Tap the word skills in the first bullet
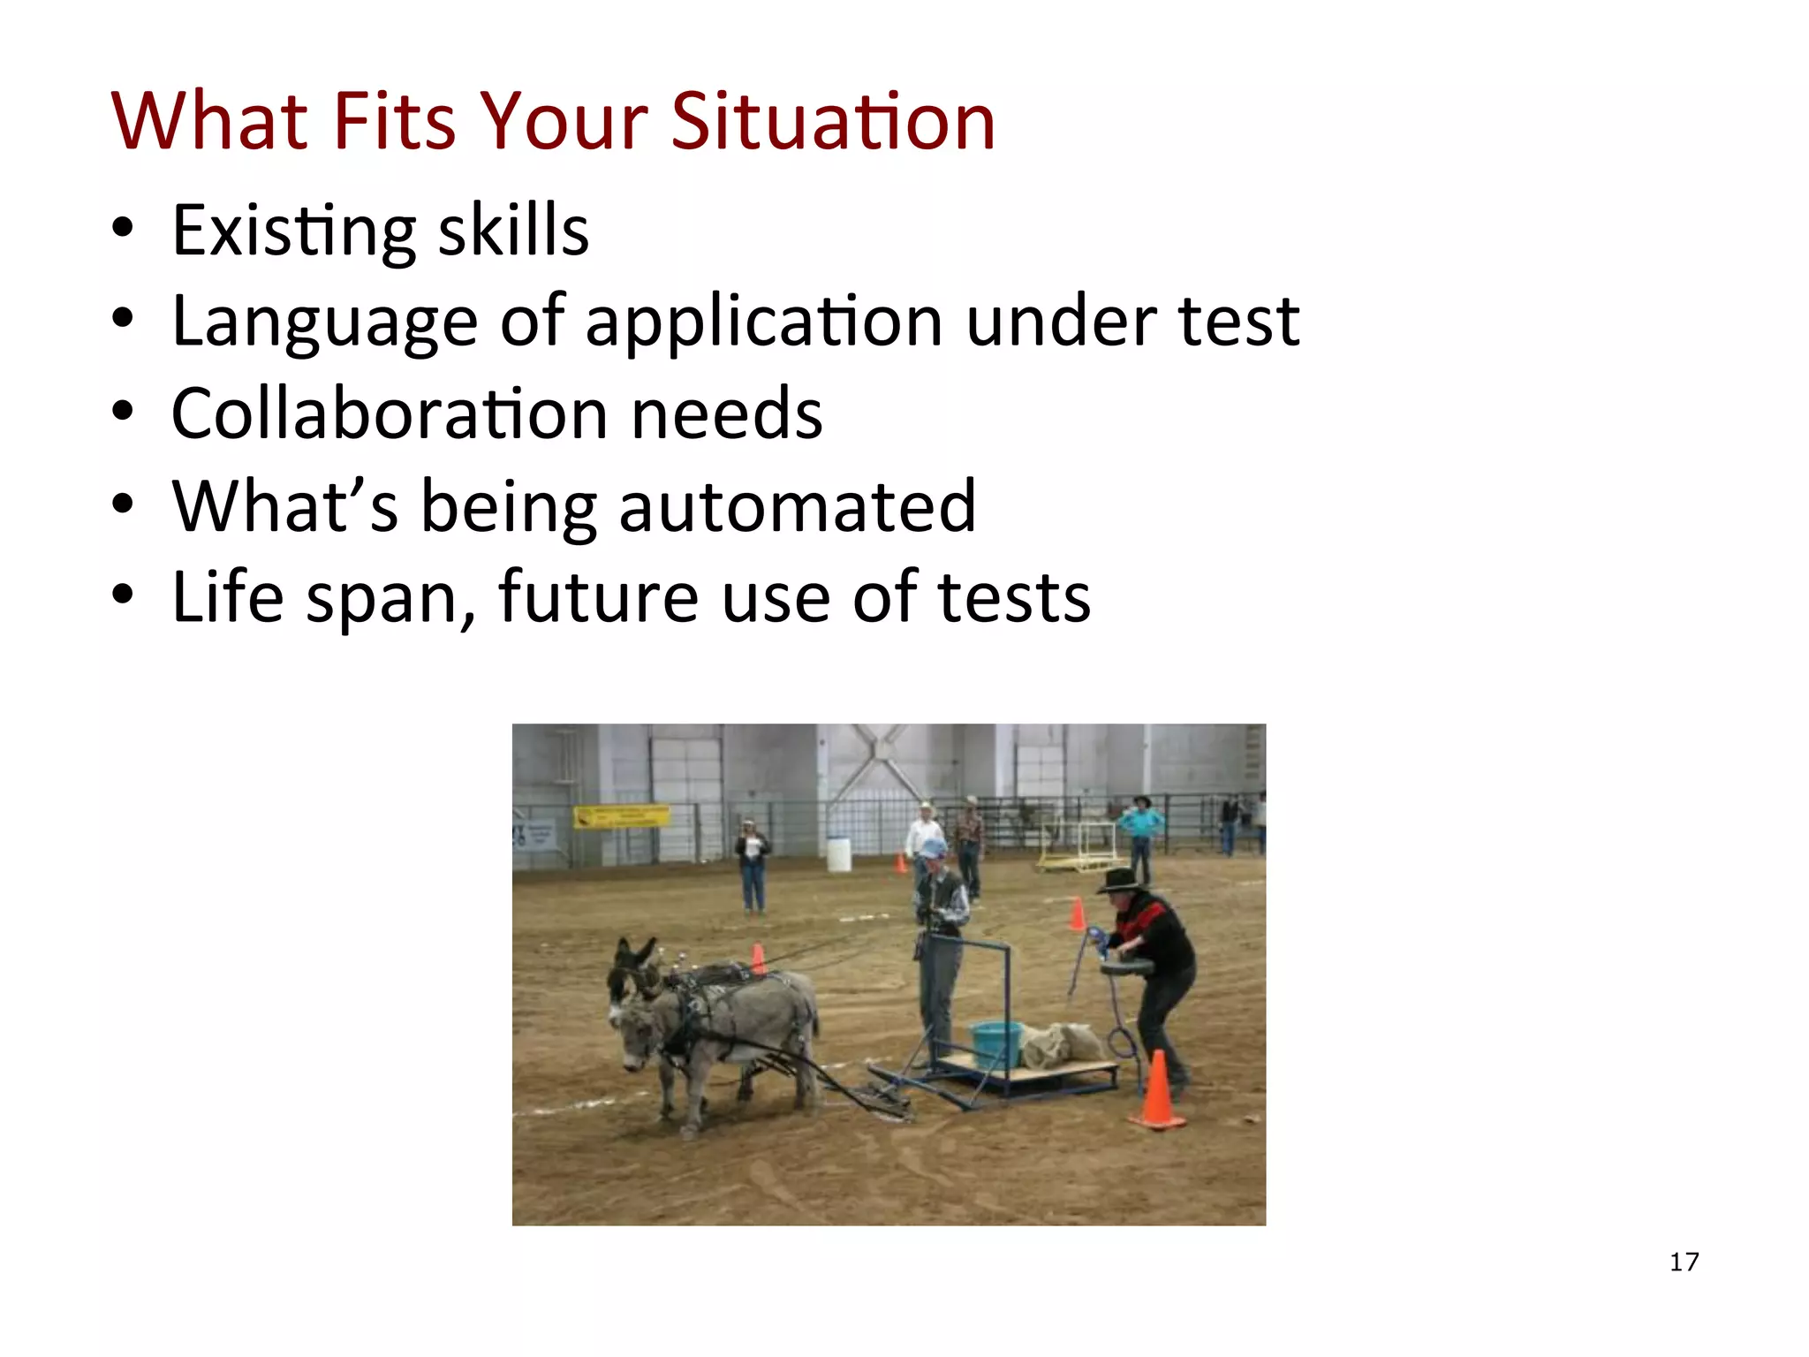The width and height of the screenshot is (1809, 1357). point(513,231)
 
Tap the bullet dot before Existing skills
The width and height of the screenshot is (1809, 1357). point(123,229)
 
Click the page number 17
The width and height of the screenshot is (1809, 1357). point(1684,1262)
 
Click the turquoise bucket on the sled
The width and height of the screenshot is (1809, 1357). point(995,1044)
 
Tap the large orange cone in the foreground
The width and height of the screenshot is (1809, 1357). point(1157,1091)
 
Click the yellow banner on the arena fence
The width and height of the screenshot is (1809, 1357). point(621,815)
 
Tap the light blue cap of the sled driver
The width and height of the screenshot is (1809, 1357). point(934,848)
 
